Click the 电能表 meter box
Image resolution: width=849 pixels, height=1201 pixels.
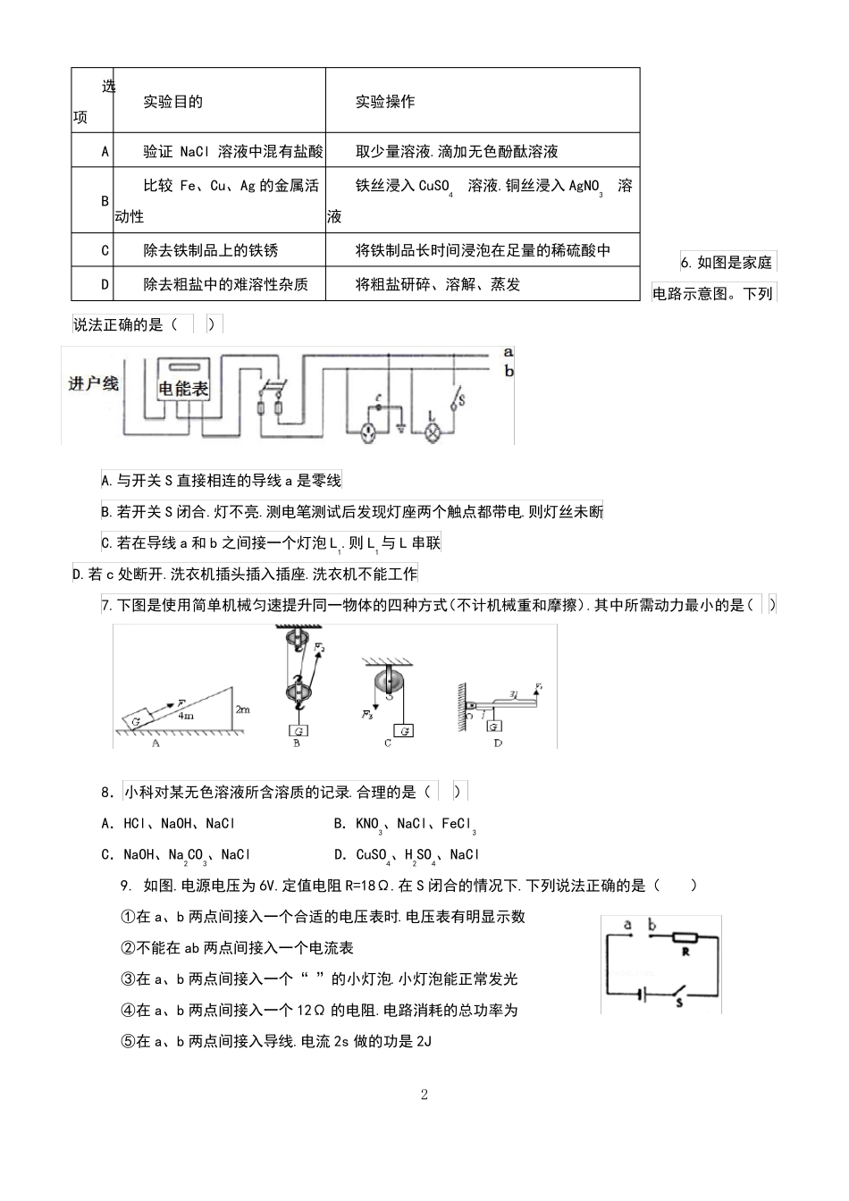(183, 388)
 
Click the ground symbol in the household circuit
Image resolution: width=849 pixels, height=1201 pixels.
(401, 426)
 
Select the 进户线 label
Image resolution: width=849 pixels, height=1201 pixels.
(94, 383)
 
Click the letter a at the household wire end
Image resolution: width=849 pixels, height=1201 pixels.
(508, 353)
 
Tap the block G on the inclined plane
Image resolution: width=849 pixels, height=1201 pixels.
(139, 718)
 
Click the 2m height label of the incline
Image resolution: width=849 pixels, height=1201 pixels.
(243, 709)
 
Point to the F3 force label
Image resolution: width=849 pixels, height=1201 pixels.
(367, 715)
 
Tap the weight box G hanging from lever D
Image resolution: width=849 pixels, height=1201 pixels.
(494, 726)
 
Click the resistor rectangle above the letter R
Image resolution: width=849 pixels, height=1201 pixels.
(685, 938)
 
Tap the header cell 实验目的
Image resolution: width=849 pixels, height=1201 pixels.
(173, 102)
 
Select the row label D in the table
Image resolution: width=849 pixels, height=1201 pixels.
(105, 285)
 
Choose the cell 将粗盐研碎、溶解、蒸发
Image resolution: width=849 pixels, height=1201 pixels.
(438, 285)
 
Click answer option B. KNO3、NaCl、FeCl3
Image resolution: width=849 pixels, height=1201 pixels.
(405, 824)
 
